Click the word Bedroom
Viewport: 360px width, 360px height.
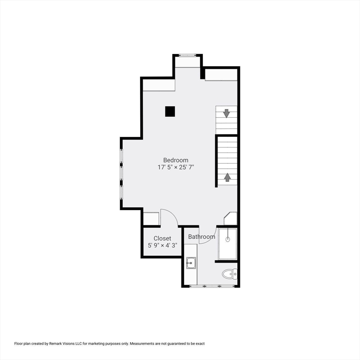click(x=176, y=160)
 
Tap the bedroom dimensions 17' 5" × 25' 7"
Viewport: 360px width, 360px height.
click(x=176, y=167)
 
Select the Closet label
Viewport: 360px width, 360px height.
click(x=162, y=239)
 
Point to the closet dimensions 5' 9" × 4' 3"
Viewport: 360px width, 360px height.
click(x=162, y=245)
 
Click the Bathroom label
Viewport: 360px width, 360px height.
click(x=202, y=237)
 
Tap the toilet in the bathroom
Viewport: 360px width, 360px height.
click(x=230, y=274)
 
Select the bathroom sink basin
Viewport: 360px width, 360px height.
click(x=190, y=263)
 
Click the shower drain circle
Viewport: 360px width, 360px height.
click(x=228, y=239)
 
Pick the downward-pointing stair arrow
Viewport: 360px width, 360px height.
click(x=226, y=113)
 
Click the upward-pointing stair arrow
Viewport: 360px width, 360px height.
click(x=227, y=177)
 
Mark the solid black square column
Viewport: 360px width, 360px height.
click(x=170, y=111)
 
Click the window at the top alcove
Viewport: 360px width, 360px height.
click(x=187, y=56)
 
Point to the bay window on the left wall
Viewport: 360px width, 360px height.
click(x=121, y=173)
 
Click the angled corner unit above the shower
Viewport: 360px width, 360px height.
click(x=231, y=218)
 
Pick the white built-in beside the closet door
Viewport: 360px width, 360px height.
click(x=151, y=219)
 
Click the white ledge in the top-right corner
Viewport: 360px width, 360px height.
click(x=221, y=75)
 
